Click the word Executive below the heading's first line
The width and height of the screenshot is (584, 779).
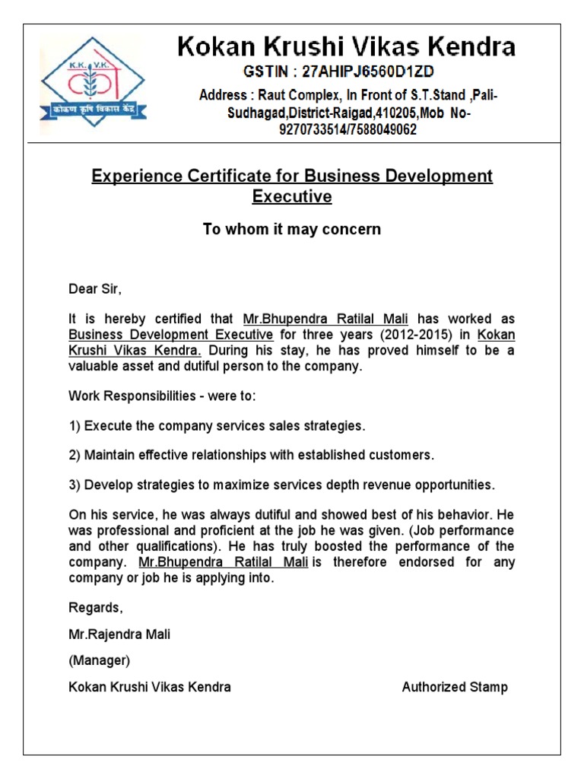click(x=292, y=197)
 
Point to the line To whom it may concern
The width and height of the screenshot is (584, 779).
click(x=292, y=229)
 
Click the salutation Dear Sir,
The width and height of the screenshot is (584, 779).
click(x=95, y=290)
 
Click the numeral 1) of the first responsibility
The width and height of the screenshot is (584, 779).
click(x=75, y=425)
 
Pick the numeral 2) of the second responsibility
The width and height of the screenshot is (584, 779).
click(x=75, y=455)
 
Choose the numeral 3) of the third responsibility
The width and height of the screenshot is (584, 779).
click(x=75, y=485)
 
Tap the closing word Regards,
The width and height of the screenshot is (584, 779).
click(x=95, y=608)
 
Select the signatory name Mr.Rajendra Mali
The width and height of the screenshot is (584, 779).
click(x=119, y=634)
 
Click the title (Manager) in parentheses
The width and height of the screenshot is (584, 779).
click(x=100, y=660)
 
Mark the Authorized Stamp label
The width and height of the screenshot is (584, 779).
click(x=455, y=687)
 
